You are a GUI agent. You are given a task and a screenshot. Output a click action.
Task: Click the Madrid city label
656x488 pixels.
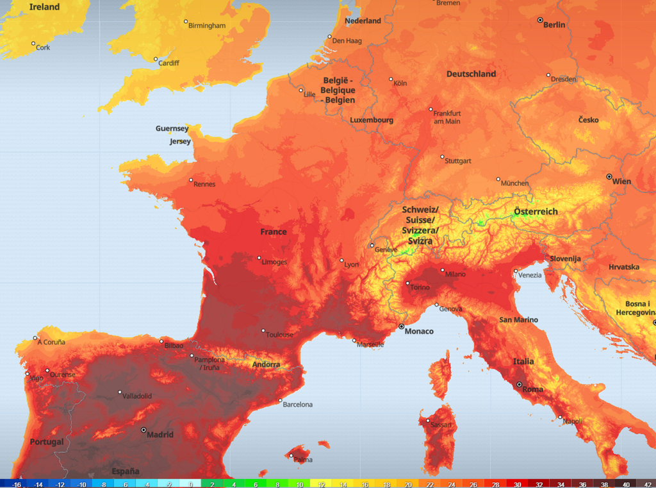(160, 435)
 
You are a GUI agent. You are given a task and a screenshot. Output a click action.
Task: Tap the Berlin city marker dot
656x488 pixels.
(540, 20)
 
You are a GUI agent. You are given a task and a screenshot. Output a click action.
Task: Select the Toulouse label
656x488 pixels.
(280, 335)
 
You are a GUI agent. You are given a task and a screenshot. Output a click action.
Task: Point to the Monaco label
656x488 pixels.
(419, 332)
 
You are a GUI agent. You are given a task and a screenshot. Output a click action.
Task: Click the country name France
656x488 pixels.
(274, 231)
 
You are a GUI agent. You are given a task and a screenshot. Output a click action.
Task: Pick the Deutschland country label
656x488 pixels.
(471, 74)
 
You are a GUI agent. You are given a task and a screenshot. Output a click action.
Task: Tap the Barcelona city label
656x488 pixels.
(298, 405)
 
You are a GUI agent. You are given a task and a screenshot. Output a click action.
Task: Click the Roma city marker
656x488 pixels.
(520, 384)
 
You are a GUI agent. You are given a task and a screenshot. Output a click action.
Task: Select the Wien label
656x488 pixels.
(621, 181)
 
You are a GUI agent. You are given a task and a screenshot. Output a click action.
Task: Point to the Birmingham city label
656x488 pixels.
(207, 26)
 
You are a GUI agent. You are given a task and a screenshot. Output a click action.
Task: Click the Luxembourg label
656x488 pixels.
(372, 120)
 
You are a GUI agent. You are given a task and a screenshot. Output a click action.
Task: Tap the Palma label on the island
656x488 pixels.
(303, 460)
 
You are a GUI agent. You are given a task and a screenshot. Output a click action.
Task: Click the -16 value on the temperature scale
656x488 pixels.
(17, 484)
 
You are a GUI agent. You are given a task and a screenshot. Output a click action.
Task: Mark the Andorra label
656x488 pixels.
(266, 364)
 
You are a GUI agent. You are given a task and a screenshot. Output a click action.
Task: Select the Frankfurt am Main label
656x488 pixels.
(447, 117)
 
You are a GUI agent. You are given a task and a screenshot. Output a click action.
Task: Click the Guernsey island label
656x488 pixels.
(172, 128)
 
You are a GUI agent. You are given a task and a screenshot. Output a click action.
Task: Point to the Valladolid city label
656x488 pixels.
(138, 396)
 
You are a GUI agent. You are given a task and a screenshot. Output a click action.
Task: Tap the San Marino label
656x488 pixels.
(519, 319)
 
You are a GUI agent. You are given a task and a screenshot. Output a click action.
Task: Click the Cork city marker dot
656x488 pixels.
(33, 44)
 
